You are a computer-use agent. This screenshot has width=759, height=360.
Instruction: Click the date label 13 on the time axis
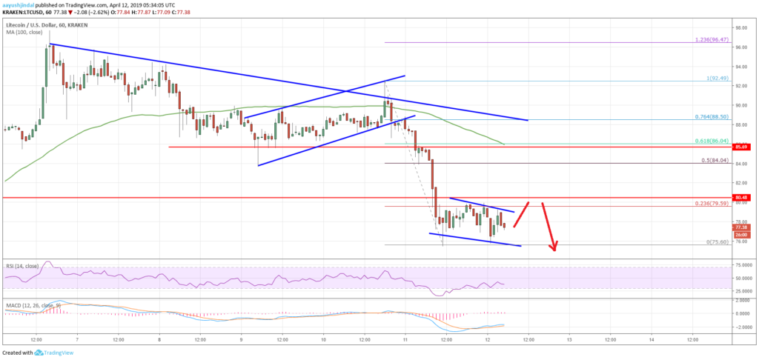[569, 339]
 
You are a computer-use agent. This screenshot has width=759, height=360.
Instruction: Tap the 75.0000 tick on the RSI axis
[742, 264]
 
